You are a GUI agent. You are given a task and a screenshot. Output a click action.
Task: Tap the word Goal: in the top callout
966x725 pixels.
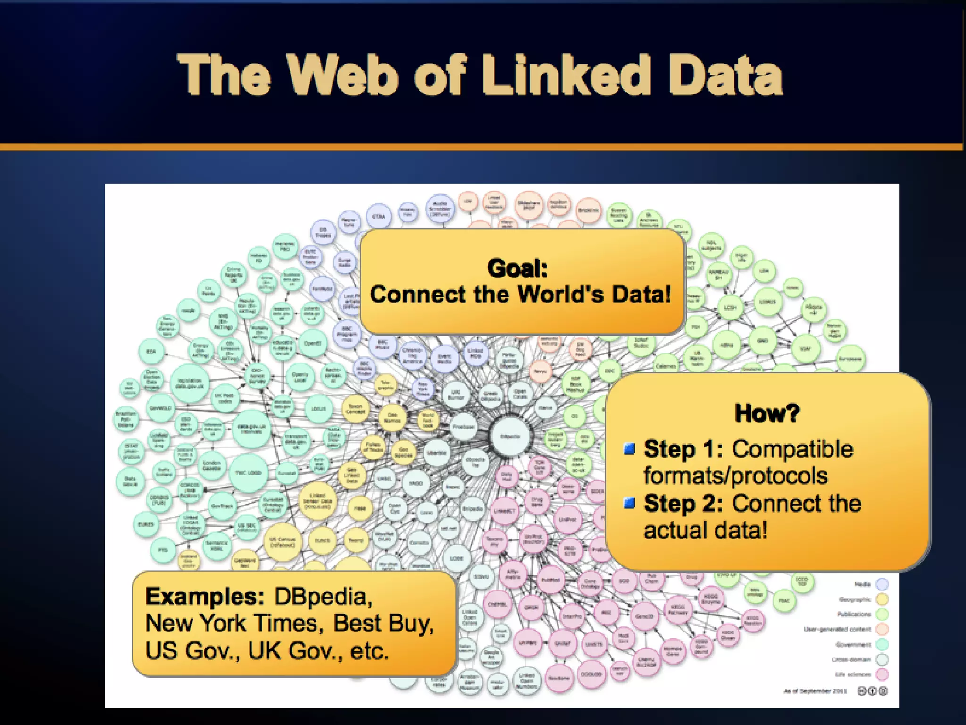pos(517,268)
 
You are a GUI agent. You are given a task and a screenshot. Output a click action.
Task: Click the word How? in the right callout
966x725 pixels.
pos(767,413)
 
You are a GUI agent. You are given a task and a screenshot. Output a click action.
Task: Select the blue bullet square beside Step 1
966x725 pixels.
pos(629,448)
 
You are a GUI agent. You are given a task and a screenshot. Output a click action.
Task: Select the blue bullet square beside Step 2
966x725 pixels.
pos(629,503)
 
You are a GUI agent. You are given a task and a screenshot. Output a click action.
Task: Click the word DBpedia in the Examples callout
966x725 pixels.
pos(323,597)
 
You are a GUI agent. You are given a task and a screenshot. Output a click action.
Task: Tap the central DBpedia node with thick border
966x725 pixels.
pos(510,436)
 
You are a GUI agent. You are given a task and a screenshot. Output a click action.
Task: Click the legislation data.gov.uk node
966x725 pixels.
pos(190,383)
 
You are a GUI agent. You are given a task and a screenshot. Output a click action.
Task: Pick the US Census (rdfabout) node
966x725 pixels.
pos(282,541)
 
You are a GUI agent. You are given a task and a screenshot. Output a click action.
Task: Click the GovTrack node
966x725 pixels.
pos(222,506)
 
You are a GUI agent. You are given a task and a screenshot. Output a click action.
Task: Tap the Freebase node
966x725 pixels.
pos(463,426)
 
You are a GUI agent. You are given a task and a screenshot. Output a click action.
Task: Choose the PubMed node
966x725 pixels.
pos(550,579)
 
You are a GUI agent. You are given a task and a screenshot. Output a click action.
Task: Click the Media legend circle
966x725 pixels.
pos(882,584)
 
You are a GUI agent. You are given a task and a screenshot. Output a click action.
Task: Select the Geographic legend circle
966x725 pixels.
pos(882,599)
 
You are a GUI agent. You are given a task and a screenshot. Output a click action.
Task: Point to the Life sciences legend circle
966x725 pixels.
pos(882,674)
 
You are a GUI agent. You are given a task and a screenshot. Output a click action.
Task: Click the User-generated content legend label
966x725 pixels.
pos(837,629)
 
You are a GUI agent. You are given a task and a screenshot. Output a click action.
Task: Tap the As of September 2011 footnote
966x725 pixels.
pos(815,691)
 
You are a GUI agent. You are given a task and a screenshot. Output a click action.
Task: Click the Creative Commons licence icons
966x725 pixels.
pos(872,691)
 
